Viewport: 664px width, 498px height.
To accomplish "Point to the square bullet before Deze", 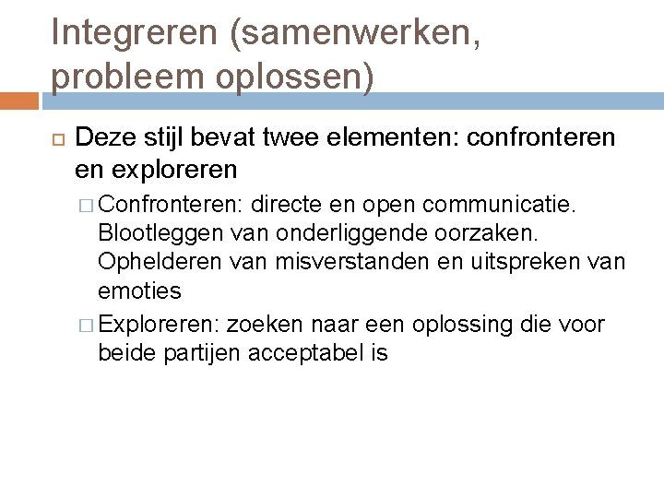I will click(52, 139).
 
